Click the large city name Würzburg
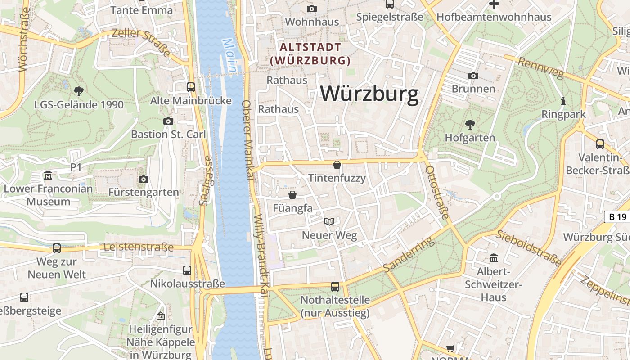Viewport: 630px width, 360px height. [369, 94]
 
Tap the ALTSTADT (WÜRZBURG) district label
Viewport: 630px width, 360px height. [310, 54]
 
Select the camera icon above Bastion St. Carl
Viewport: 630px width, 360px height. [168, 121]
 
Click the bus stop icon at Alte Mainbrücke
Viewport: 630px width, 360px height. [191, 87]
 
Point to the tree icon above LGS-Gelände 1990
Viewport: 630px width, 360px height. [79, 91]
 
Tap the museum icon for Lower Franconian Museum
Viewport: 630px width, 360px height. [48, 175]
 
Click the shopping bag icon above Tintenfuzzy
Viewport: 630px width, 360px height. [337, 165]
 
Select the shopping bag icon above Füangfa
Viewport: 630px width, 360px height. [292, 195]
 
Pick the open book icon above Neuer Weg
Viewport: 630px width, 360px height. [329, 221]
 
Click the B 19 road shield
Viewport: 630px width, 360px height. [617, 217]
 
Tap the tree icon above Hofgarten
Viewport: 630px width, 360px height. [470, 124]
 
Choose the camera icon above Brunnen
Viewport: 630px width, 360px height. [473, 76]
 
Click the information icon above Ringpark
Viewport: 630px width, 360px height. [563, 101]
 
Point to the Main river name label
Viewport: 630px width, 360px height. [229, 55]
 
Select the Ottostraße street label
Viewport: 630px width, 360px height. [437, 193]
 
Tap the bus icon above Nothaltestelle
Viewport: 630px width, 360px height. [335, 286]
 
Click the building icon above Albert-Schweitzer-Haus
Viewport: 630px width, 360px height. [494, 258]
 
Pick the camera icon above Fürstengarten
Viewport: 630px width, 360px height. [144, 179]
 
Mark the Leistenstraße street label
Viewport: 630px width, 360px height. [139, 247]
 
